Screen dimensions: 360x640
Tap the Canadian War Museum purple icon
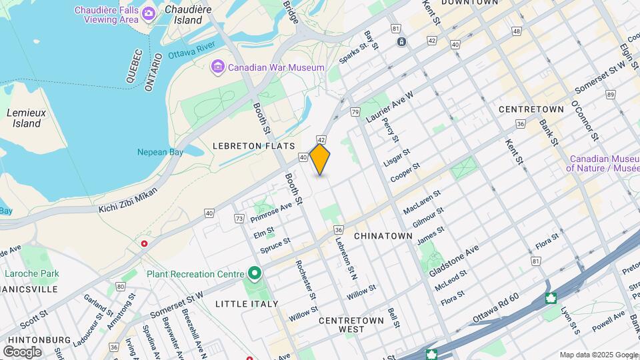[217, 67]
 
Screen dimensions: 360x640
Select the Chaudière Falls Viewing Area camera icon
[149, 13]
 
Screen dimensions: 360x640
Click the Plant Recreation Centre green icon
[254, 273]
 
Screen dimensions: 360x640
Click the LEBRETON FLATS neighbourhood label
[244, 145]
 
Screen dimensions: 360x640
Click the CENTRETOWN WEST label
[351, 325]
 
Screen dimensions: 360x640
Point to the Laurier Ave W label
[389, 107]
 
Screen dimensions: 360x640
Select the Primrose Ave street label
[271, 211]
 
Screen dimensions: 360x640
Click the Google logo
[22, 351]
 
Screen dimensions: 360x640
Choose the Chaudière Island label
[183, 15]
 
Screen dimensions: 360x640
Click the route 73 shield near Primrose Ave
[239, 218]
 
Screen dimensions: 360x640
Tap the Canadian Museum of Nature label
[602, 163]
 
